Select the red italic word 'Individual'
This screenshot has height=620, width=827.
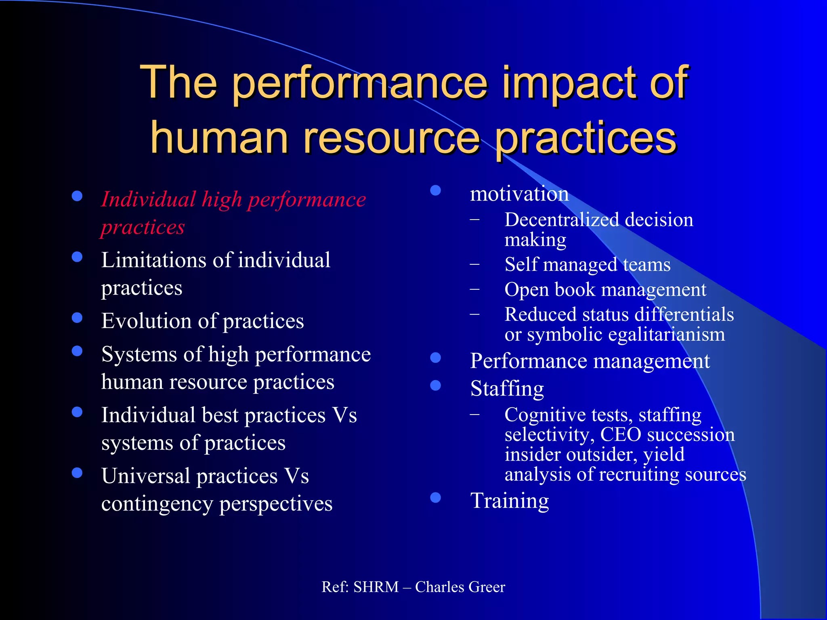click(148, 199)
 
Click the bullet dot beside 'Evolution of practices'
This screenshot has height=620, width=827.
click(77, 318)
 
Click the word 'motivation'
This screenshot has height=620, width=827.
click(519, 194)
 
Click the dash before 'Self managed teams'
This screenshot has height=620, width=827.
click(475, 265)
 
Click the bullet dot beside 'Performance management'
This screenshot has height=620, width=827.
click(435, 358)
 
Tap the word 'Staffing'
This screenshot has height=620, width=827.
click(507, 389)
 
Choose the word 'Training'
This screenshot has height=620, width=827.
click(510, 501)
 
